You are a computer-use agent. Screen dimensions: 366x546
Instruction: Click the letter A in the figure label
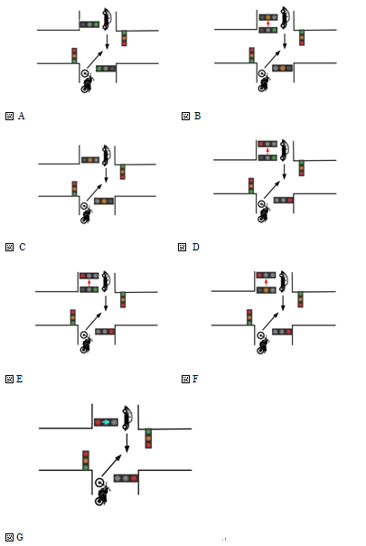point(22,116)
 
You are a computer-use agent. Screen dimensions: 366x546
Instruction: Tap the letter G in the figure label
point(20,537)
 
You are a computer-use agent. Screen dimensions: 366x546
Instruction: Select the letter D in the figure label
point(196,247)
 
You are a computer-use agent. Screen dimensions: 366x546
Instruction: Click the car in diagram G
point(127,418)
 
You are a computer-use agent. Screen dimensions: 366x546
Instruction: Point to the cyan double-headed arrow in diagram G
point(106,422)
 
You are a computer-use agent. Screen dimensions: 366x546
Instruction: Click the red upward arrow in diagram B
point(267,24)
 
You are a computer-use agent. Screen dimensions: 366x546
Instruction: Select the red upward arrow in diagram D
point(267,151)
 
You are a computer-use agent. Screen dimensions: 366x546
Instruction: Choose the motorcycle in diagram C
point(85,212)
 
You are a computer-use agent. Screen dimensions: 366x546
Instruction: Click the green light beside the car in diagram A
point(96,24)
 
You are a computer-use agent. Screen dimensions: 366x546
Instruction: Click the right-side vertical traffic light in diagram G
point(148,438)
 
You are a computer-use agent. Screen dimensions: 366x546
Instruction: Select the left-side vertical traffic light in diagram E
point(73,317)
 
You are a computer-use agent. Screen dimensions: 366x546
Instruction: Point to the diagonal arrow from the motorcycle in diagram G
point(111,466)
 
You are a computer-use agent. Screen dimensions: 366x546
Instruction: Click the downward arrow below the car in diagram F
point(283,303)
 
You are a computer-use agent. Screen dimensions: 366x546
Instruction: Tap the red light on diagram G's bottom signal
point(134,478)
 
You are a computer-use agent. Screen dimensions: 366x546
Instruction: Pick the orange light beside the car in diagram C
point(90,160)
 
